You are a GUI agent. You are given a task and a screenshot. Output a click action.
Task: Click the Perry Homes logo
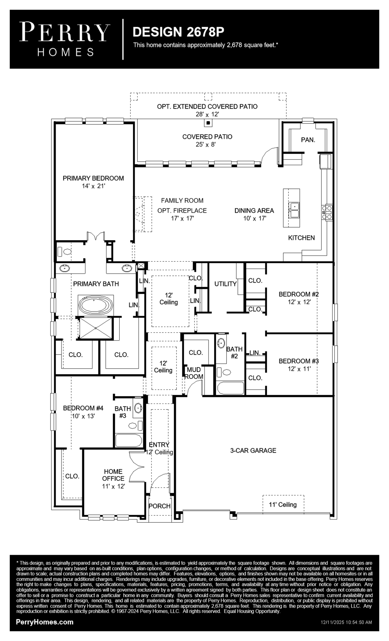pyautogui.click(x=64, y=39)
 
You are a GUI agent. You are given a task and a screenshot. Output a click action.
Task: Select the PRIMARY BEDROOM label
pyautogui.click(x=93, y=178)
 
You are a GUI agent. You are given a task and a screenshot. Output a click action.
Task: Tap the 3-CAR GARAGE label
pyautogui.click(x=253, y=450)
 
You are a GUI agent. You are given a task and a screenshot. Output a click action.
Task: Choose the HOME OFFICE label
pyautogui.click(x=113, y=475)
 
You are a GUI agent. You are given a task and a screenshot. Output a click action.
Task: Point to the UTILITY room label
pyautogui.click(x=225, y=284)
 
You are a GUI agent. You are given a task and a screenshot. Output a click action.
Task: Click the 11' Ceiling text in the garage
pyautogui.click(x=283, y=505)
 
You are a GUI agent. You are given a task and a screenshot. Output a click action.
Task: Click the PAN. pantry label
pyautogui.click(x=308, y=140)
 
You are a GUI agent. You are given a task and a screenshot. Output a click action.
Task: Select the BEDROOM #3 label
pyautogui.click(x=299, y=361)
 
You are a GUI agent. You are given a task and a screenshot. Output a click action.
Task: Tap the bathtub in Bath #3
pyautogui.click(x=128, y=440)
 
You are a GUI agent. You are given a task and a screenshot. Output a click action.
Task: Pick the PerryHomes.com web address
pyautogui.click(x=44, y=622)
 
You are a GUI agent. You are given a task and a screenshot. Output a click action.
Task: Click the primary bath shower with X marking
pyautogui.click(x=96, y=328)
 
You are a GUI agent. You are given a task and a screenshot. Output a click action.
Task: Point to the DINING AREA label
pyautogui.click(x=254, y=210)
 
